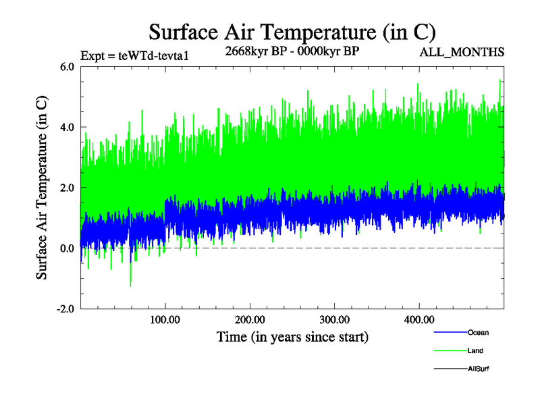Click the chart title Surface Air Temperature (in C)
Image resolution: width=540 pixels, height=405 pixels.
tap(292, 32)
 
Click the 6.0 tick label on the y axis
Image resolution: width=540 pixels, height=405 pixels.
tap(67, 66)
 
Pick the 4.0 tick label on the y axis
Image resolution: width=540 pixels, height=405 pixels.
tap(67, 127)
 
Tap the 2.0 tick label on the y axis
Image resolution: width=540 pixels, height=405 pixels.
tap(67, 188)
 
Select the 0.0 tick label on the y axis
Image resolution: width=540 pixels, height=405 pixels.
tap(67, 248)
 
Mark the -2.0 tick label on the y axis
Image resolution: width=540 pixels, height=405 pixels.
tap(65, 309)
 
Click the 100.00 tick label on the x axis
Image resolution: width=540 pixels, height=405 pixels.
tap(165, 319)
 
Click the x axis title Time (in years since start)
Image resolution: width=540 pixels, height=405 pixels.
tap(292, 335)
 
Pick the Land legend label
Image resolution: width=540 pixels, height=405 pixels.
tap(475, 350)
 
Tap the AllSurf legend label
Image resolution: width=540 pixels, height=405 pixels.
tap(478, 369)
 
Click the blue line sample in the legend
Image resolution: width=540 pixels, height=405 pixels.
tap(450, 332)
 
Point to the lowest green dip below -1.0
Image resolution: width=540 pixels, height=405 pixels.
tap(130, 285)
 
